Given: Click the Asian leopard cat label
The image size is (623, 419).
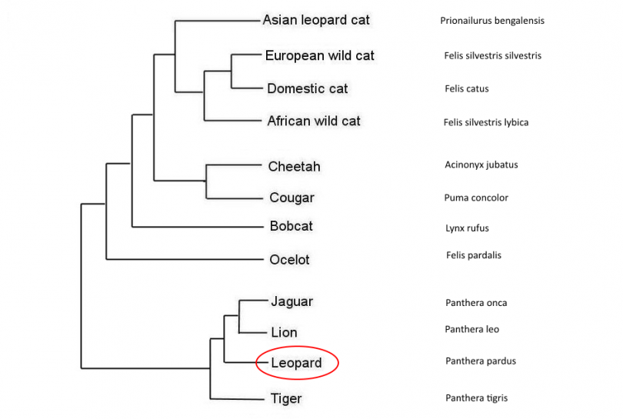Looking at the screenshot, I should pos(316,20).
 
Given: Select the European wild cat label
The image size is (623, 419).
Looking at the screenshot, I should pos(319,55).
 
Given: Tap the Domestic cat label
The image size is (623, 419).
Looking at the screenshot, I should pos(307,88).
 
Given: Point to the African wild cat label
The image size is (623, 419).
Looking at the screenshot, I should pos(313,121).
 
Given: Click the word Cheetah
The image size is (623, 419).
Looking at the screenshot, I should pos(294,166).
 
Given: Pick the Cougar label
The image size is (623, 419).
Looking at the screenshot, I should pos(292,198).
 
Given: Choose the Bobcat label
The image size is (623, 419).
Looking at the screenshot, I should pos(291,226).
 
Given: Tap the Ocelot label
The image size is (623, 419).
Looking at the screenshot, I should pos(289,259).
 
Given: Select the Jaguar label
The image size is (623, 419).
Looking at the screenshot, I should pos(292,301).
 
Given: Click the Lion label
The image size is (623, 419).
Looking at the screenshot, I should pos(284,332).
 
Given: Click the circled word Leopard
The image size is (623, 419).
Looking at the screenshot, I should pos(296,363).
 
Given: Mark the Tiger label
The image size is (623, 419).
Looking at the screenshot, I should pos(286,398).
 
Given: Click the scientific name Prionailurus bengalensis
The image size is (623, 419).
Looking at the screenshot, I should pos(492,21).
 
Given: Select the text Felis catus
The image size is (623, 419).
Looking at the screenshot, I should pos(466,88).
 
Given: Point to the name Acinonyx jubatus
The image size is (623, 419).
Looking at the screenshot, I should pos(476,165).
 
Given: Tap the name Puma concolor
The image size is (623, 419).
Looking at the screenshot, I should pos(476,198).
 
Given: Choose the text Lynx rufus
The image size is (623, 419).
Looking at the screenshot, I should pos(467,228).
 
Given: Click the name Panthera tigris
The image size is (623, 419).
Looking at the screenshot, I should pos(476,397).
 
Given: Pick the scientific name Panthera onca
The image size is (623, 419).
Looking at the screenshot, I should pos(475,302).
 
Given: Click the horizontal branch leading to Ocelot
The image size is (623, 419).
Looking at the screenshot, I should pos(185,259).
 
